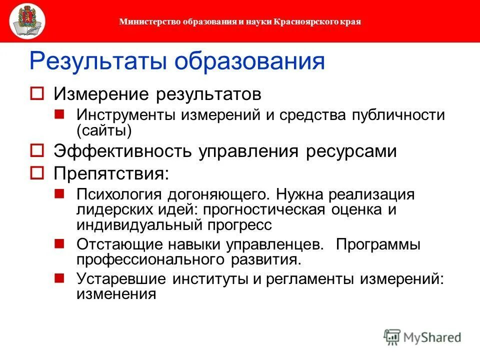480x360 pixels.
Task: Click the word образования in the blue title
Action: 249,61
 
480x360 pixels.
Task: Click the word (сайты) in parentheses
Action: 104,130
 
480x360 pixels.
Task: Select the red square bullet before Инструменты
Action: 59,114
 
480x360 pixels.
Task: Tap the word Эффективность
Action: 124,151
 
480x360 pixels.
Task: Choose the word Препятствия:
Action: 111,173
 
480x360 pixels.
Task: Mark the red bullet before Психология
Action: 59,193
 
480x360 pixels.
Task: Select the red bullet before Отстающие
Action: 59,244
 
